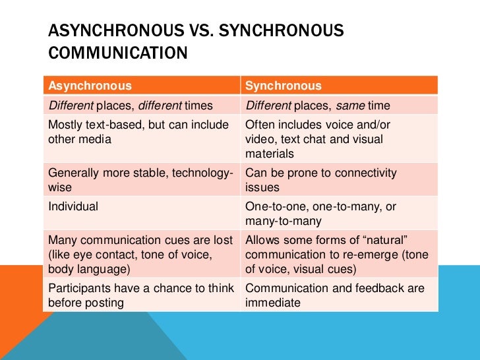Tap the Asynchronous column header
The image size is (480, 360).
(x=90, y=86)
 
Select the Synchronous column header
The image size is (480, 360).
(x=284, y=86)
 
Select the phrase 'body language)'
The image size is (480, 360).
(x=87, y=270)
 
